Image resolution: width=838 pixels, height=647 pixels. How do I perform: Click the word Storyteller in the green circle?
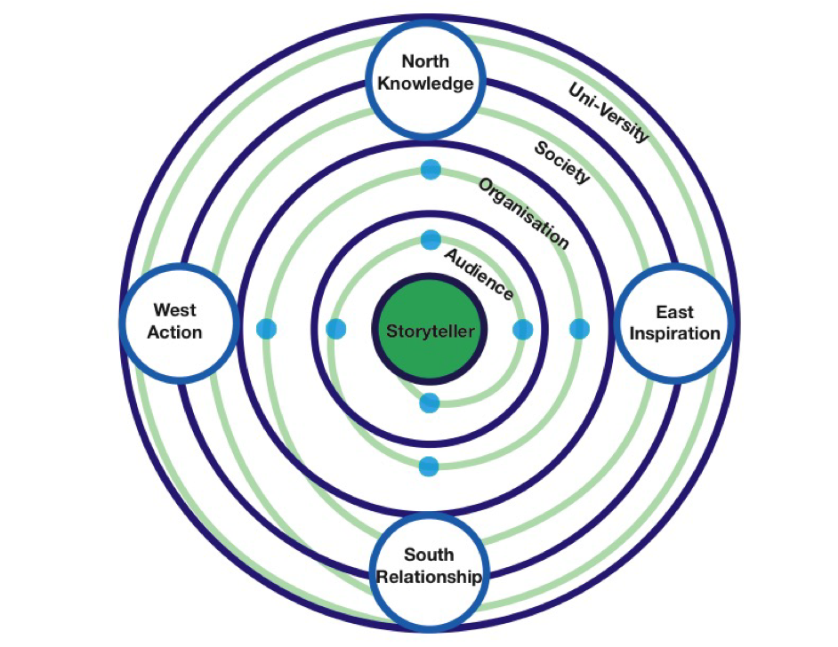point(431,331)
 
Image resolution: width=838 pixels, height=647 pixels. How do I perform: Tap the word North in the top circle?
point(425,61)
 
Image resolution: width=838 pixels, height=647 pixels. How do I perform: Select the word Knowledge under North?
point(425,84)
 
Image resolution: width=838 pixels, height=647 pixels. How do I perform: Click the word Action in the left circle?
point(177,332)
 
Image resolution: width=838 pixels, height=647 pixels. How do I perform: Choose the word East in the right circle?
point(674,312)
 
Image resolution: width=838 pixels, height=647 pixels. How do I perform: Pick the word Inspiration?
point(674,334)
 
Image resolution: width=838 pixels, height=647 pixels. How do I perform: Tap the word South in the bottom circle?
point(430,555)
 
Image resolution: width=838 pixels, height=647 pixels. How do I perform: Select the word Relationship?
point(430,577)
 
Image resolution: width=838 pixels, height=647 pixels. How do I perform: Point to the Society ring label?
point(561,161)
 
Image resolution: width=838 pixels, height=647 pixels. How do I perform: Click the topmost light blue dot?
point(431,170)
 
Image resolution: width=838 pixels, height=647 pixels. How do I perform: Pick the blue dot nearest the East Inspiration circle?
point(579,329)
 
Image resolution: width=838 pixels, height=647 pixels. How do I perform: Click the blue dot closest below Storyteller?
point(430,403)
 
